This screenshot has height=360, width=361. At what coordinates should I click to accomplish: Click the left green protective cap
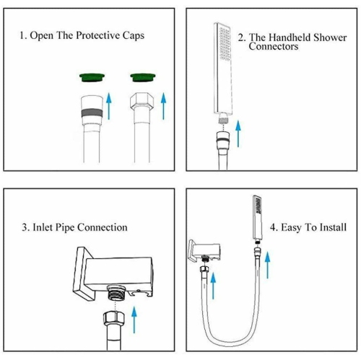tap(92, 77)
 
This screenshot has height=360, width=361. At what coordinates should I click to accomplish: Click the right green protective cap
tap(143, 77)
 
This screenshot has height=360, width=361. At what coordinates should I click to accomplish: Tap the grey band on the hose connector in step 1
tap(92, 113)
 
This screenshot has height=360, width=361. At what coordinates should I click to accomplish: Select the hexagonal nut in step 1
tap(142, 100)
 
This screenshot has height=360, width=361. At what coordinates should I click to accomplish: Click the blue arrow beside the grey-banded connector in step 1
tap(109, 106)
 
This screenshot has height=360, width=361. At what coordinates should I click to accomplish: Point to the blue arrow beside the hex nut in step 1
tap(164, 106)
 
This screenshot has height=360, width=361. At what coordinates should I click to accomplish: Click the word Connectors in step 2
tap(274, 46)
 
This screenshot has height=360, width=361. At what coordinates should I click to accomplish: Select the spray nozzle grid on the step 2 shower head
tap(225, 44)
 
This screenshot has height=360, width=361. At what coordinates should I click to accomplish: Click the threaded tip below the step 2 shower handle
tap(223, 118)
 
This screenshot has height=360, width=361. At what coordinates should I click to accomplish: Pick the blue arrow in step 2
tap(238, 133)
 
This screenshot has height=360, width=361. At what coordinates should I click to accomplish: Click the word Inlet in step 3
tap(43, 227)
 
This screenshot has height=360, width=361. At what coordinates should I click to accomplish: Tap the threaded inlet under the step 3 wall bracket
tap(116, 292)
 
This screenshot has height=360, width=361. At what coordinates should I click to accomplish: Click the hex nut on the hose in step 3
tap(114, 318)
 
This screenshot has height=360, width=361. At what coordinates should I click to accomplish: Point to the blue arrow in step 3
tap(134, 320)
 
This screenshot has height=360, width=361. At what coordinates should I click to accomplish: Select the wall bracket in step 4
tap(204, 250)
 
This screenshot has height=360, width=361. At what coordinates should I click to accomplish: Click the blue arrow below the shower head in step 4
tap(267, 265)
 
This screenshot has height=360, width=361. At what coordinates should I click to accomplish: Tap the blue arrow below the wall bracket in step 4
tap(213, 286)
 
